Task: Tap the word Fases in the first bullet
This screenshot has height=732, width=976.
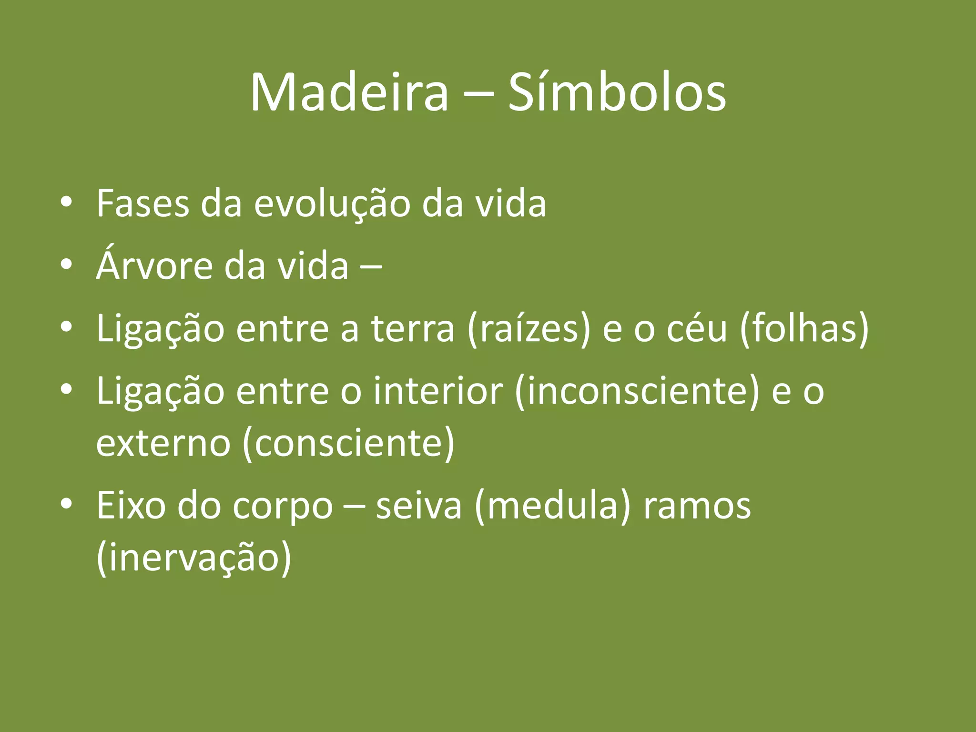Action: coord(142,204)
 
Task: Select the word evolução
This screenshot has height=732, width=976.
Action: coord(332,204)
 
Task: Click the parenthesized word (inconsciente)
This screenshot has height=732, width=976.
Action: coord(637,391)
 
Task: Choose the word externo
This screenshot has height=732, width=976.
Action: coord(163,443)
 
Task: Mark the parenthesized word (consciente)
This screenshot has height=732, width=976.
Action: coord(348,443)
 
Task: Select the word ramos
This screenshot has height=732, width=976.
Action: coord(697,506)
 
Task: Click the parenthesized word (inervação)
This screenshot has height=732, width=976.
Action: coord(193,558)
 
